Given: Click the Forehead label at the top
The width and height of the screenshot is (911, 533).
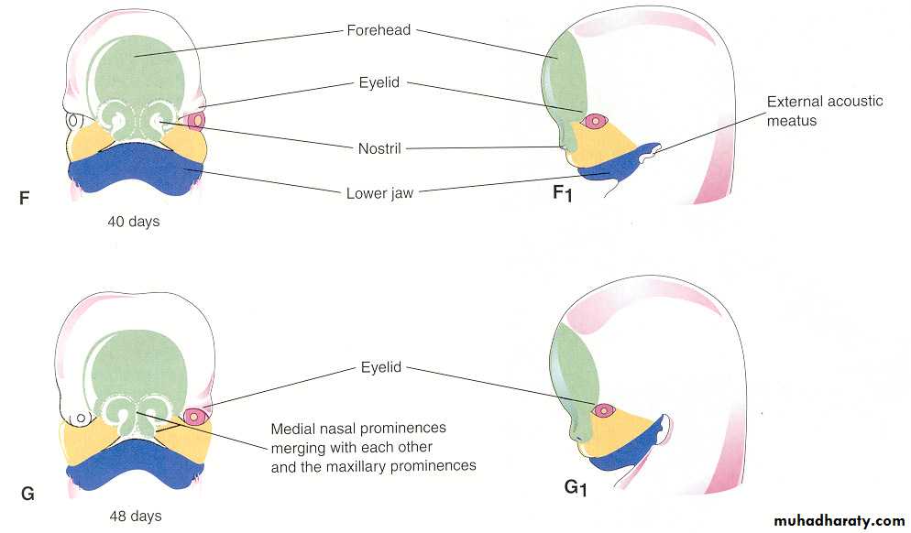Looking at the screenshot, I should pos(379,29).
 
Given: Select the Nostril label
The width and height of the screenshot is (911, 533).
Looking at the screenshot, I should pos(379,147).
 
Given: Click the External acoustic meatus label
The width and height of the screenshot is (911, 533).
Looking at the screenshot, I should pos(825,110).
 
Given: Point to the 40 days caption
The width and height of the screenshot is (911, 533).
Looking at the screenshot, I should pos(133,222).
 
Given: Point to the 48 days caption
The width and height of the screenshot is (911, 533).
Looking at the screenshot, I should pos(133,517).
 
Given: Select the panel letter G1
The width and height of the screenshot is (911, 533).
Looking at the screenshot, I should pos(576,487).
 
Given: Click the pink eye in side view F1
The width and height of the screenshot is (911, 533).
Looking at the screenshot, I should pos(597,120).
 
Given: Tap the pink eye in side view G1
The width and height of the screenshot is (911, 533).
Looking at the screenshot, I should pos(603,410).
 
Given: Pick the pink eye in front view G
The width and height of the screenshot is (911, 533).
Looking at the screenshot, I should pos(194,417).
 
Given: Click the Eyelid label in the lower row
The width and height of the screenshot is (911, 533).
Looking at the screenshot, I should pos(380,367).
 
